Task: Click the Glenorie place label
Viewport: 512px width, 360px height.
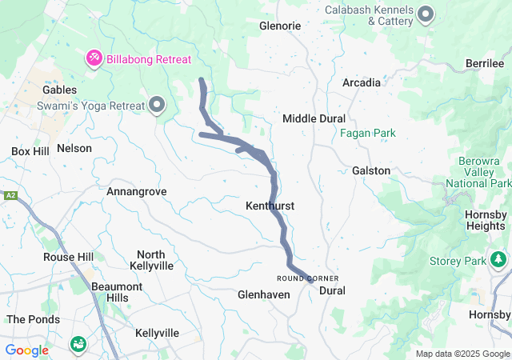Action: click(x=280, y=26)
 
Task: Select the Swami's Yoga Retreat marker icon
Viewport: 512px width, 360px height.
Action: click(x=157, y=104)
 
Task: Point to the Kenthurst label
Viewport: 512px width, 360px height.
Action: click(x=270, y=206)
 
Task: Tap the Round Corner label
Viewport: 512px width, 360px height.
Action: click(x=302, y=278)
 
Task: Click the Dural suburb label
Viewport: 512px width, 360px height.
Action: click(x=332, y=290)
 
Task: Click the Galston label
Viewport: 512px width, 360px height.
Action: click(x=371, y=170)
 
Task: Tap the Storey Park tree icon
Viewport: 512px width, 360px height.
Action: click(x=498, y=259)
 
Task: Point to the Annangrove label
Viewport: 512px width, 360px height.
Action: click(x=137, y=192)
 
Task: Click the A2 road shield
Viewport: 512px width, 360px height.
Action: click(x=10, y=196)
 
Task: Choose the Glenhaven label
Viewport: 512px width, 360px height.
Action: click(x=263, y=295)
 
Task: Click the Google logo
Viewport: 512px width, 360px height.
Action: click(x=27, y=350)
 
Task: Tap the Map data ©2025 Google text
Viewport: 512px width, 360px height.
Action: click(x=462, y=354)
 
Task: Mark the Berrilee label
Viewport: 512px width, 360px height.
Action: click(x=486, y=63)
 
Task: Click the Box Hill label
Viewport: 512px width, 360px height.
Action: click(x=30, y=151)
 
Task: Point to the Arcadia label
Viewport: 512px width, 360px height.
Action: click(x=361, y=82)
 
